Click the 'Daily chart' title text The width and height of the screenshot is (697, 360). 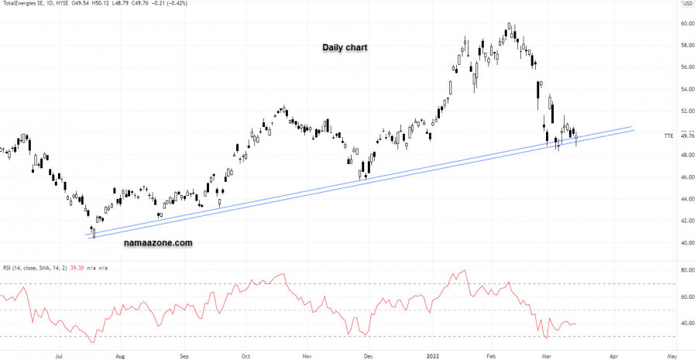345,48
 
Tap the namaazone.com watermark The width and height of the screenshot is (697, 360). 158,242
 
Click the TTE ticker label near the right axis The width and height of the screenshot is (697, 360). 668,136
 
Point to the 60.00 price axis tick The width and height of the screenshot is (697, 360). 686,23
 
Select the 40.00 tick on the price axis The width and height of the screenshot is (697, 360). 686,243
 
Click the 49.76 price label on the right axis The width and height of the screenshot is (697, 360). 686,136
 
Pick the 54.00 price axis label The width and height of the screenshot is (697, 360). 686,89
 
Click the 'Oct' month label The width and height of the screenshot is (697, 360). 245,358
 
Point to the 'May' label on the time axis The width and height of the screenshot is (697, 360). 671,358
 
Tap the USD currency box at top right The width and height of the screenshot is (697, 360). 686,5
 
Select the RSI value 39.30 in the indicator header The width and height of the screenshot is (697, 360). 76,268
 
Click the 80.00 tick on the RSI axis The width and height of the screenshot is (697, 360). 686,270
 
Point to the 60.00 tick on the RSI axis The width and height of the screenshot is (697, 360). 686,297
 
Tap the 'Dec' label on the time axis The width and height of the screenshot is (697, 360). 368,358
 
